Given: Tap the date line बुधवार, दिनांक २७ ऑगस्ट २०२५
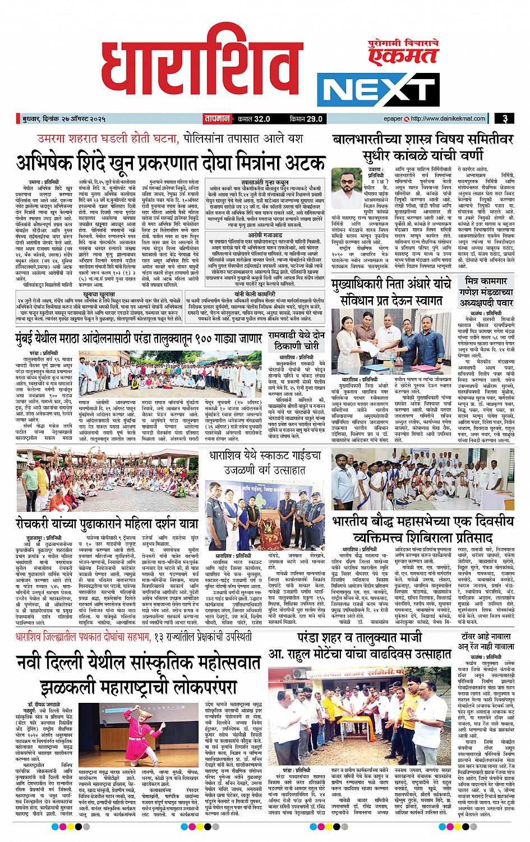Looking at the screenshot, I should click(x=66, y=118).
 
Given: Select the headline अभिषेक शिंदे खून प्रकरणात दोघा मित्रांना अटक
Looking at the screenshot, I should click(x=170, y=163).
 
